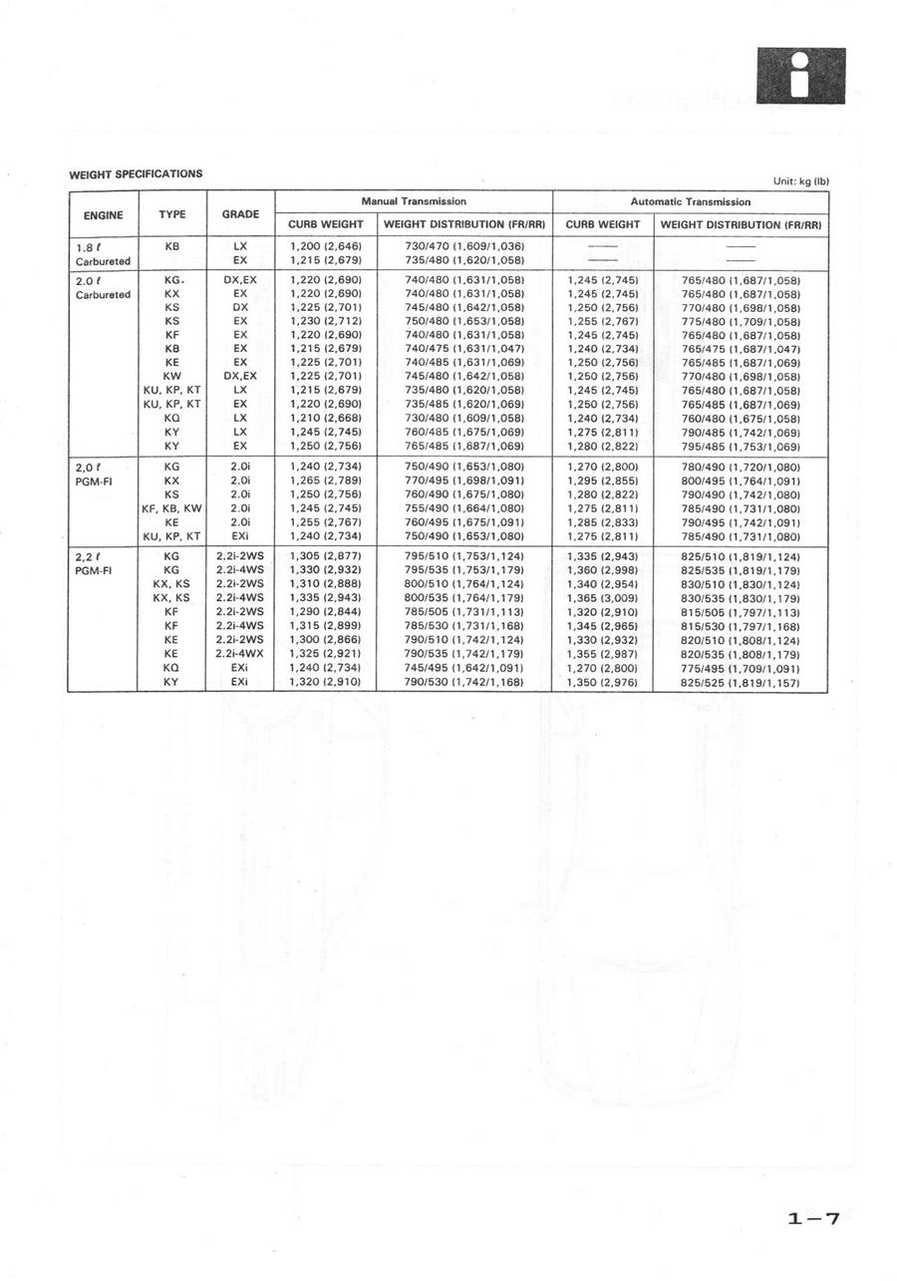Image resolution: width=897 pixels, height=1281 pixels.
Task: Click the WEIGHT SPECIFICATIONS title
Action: (136, 174)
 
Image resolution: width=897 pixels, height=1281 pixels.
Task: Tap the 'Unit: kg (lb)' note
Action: (800, 180)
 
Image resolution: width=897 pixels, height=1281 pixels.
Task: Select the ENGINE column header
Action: (103, 214)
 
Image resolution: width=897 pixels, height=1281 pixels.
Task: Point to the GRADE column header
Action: (240, 214)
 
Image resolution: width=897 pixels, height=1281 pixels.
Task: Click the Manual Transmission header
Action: (414, 201)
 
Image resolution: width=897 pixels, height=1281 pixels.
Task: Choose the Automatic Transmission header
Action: (691, 201)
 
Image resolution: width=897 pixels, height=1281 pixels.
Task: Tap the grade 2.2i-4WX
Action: (240, 654)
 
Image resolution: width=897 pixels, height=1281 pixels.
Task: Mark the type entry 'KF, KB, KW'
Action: (171, 508)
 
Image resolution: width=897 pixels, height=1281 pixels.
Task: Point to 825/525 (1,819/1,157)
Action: (741, 683)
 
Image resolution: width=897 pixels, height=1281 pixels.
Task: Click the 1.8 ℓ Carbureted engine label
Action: (103, 253)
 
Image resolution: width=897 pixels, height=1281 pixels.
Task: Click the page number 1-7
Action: (813, 1218)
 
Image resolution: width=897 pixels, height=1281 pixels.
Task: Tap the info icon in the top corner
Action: (800, 76)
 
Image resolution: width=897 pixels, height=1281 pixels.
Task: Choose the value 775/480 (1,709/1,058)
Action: (741, 322)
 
